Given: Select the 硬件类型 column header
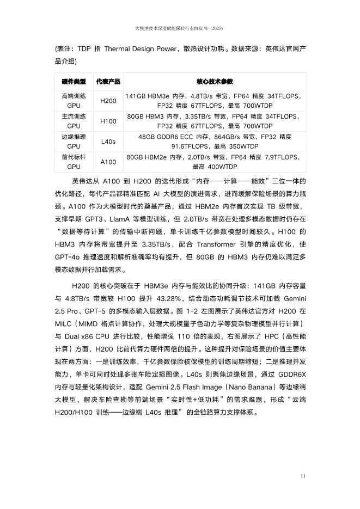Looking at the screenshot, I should pyautogui.click(x=74, y=82).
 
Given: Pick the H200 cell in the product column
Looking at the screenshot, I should pyautogui.click(x=108, y=101).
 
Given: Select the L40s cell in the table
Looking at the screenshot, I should pyautogui.click(x=108, y=142).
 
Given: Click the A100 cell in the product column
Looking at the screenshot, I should pyautogui.click(x=108, y=162).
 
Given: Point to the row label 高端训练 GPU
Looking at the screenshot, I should pyautogui.click(x=74, y=101).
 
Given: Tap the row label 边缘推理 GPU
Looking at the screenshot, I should pyautogui.click(x=74, y=142).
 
